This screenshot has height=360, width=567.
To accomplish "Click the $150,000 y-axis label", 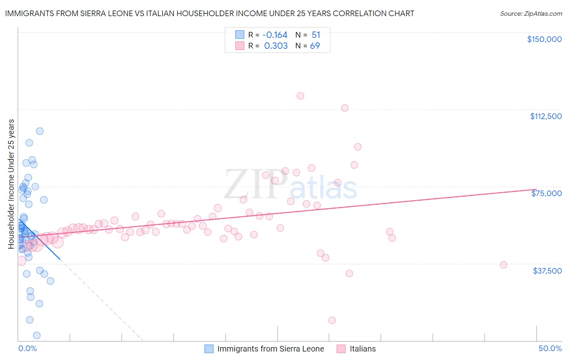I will [544, 39].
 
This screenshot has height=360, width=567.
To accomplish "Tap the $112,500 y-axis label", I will [546, 116].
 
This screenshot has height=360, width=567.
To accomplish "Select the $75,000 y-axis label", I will [546, 193].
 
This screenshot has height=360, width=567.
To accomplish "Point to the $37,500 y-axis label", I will [547, 271].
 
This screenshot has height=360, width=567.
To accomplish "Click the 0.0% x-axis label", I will [27, 348].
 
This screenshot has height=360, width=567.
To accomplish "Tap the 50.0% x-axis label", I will [550, 348].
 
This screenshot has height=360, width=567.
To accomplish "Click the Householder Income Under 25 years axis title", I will [11, 184].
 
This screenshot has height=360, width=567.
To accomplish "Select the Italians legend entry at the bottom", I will [363, 349].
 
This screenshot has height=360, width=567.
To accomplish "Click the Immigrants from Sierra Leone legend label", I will [271, 349].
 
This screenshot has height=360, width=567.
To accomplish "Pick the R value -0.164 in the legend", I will [275, 35].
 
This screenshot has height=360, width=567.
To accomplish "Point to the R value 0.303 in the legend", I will [276, 46].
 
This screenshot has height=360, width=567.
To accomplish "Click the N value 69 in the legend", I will [315, 46].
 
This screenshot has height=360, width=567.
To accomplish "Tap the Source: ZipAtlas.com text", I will [531, 14].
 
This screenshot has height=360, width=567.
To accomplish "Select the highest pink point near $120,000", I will [300, 96].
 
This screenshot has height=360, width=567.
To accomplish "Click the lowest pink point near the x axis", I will [332, 320].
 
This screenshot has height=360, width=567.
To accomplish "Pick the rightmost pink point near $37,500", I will [503, 265].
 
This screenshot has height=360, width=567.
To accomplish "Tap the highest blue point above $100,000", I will [40, 131].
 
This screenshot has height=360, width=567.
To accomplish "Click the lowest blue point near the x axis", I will [37, 335].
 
